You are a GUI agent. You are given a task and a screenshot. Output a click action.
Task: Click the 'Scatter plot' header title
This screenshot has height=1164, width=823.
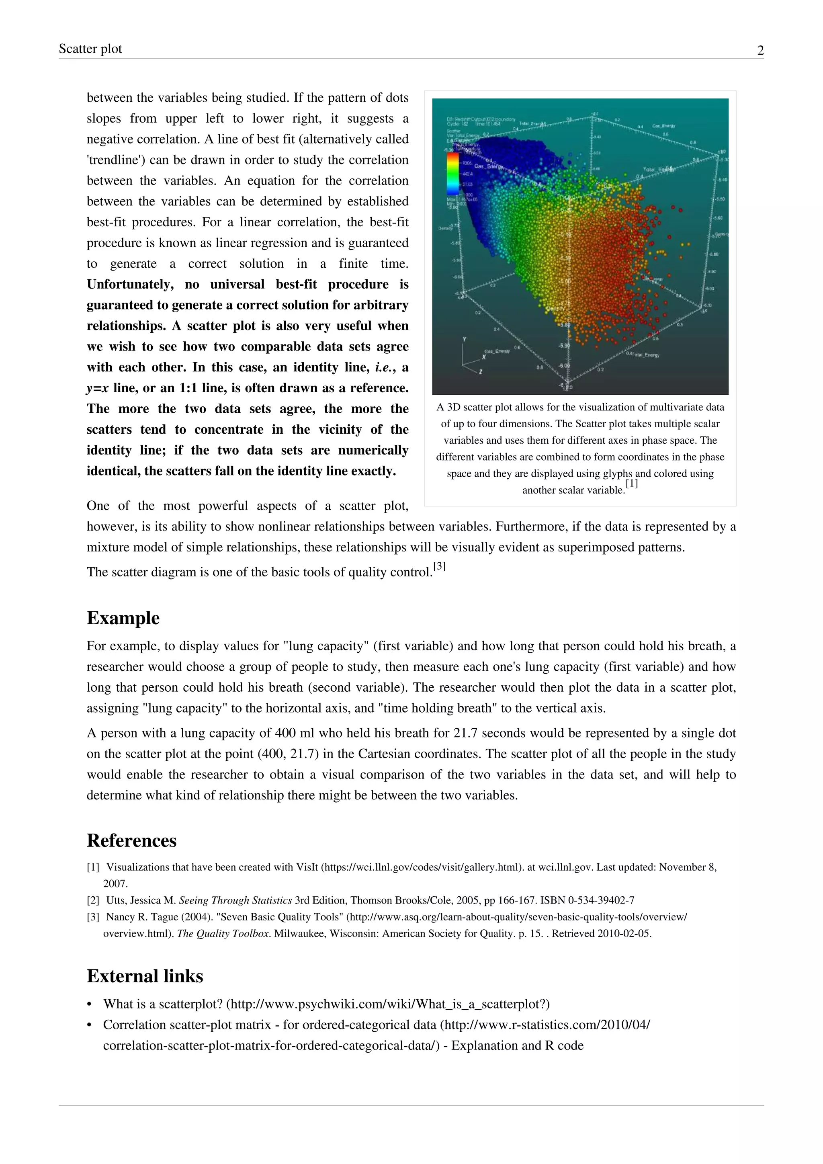tap(90, 49)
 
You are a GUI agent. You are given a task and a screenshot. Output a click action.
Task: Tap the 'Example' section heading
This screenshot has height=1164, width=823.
tap(123, 618)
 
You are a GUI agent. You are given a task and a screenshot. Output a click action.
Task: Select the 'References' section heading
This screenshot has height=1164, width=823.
tap(131, 840)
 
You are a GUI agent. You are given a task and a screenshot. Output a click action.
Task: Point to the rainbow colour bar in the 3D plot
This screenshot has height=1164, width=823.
tap(452, 174)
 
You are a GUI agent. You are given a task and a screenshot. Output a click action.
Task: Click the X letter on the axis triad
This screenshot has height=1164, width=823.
tap(483, 357)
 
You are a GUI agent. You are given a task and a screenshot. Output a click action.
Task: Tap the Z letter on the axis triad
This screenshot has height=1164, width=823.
tap(480, 372)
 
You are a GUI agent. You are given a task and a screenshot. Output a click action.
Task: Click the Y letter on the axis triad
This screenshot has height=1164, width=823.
tap(464, 340)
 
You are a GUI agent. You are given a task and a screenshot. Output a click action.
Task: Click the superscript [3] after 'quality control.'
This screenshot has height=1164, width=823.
tap(439, 567)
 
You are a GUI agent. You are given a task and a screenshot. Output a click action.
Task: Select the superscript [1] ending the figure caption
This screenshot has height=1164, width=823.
tap(631, 484)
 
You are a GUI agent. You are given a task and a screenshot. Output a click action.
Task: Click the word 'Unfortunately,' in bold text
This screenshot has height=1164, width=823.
tap(130, 285)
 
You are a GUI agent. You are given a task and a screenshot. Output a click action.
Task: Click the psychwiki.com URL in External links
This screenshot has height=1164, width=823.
tap(388, 1004)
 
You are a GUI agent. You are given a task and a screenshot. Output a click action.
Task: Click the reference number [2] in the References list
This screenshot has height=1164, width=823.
tap(93, 900)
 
